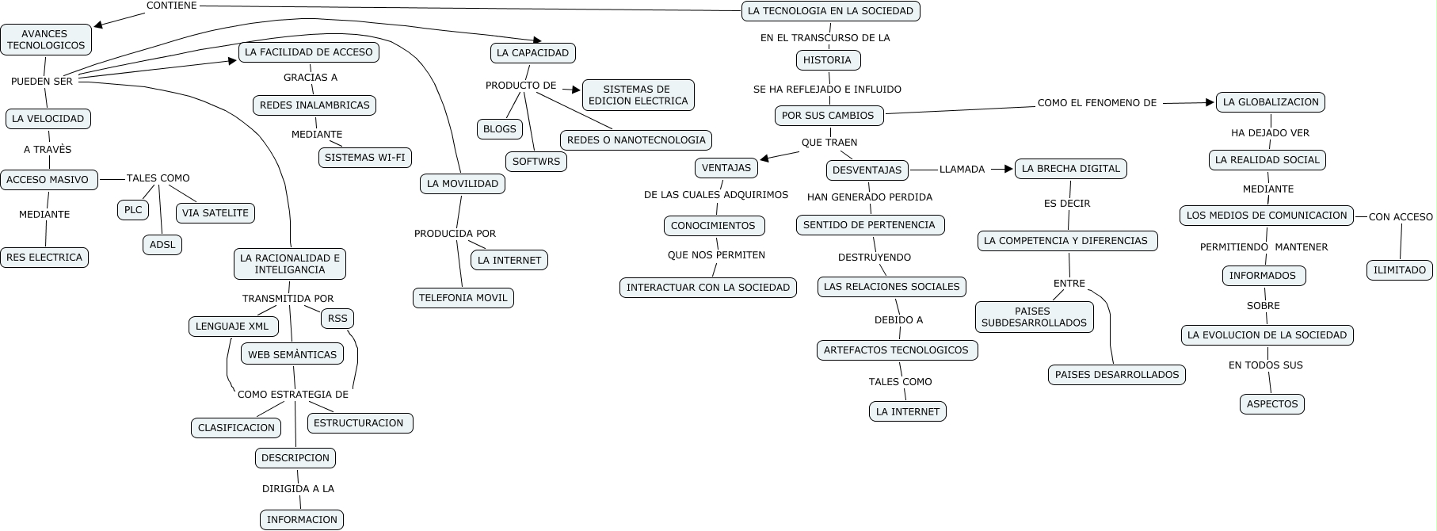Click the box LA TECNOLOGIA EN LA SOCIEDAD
(830, 11)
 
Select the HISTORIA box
(827, 60)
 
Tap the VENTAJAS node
(726, 168)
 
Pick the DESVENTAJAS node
(867, 170)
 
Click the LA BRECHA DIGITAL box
(1070, 169)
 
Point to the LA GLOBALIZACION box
(1270, 102)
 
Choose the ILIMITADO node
(1399, 270)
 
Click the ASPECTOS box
(1271, 404)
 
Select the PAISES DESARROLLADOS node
(1116, 375)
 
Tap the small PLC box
(133, 210)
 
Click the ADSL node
(162, 245)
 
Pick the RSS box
(337, 319)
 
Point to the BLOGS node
(499, 129)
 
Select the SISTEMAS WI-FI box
(364, 158)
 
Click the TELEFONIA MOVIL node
(463, 298)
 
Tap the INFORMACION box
(302, 520)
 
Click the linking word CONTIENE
(171, 6)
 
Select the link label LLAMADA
(962, 170)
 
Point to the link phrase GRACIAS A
(311, 78)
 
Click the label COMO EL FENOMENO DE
(1096, 103)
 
